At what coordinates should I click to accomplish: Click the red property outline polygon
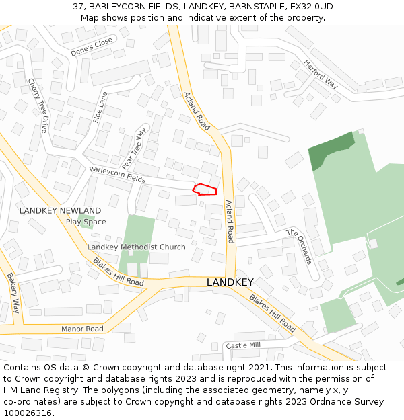[205, 190]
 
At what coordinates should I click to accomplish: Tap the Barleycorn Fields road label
[117, 174]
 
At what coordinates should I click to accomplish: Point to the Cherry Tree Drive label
[38, 106]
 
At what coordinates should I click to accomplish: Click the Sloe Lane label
[100, 107]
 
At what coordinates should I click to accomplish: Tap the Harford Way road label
[321, 74]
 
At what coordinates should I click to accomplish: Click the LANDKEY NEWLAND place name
[60, 210]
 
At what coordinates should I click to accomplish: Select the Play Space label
[86, 222]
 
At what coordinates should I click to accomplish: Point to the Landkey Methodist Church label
[136, 247]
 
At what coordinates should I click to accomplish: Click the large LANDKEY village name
[230, 282]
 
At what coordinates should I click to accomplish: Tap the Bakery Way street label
[13, 293]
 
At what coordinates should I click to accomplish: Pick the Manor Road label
[82, 329]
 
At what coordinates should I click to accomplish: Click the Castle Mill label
[243, 345]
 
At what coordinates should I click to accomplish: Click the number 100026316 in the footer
[29, 413]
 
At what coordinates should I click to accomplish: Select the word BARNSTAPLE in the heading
[251, 7]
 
